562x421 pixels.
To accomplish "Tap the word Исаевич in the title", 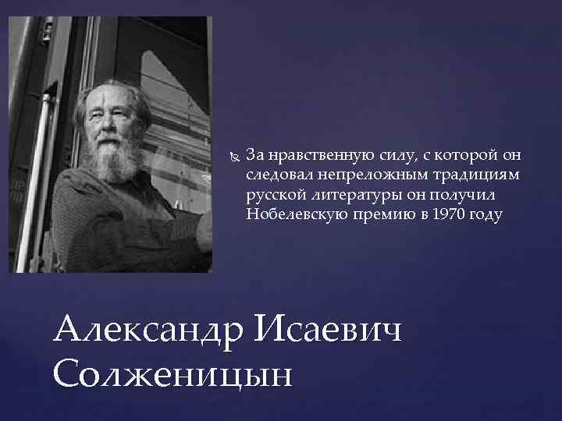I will click(328, 329).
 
